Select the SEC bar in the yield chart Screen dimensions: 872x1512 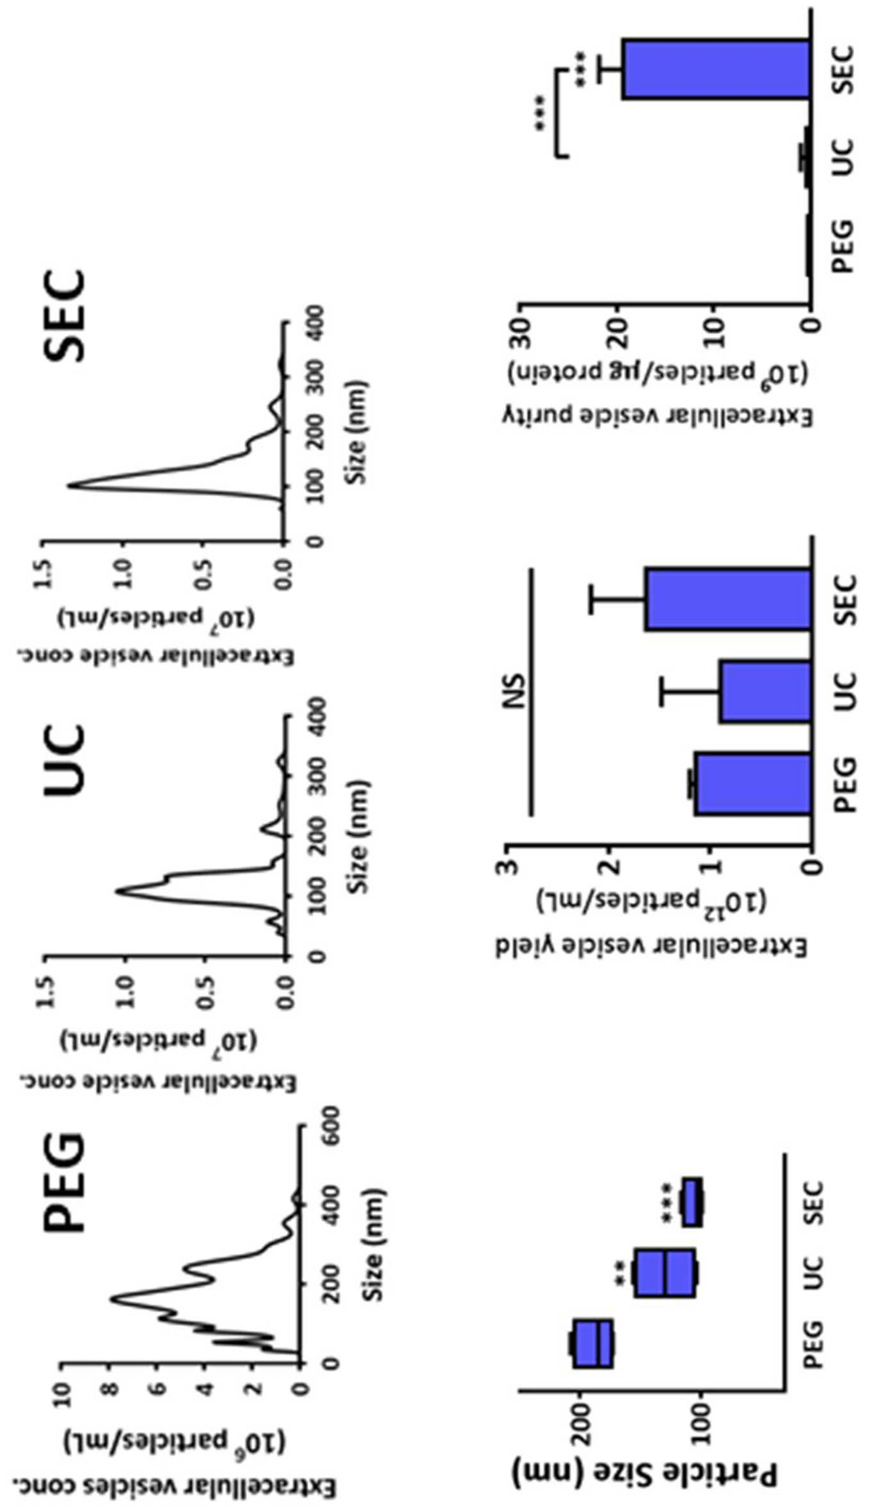[x=728, y=599]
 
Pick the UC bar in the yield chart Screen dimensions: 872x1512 [x=765, y=692]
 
